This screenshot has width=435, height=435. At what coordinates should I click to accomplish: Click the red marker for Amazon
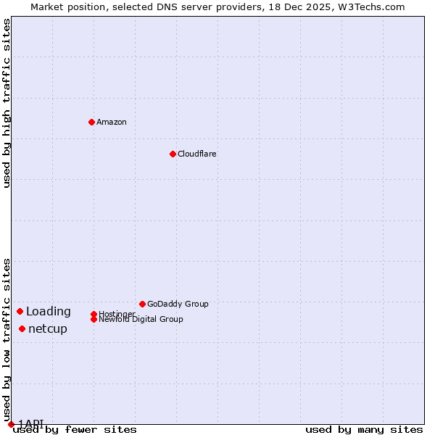(x=91, y=122)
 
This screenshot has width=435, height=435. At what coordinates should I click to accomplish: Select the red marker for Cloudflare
(x=173, y=154)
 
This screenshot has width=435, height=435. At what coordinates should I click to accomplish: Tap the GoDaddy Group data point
(x=142, y=304)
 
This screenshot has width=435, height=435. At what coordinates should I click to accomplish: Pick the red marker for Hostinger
(x=94, y=314)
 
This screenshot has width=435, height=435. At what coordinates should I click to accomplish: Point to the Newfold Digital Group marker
(x=94, y=319)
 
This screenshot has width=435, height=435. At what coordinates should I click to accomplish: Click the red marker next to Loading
(x=20, y=311)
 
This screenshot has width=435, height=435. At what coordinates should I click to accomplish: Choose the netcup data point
(x=22, y=328)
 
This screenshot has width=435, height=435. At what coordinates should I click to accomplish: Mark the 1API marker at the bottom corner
(x=11, y=424)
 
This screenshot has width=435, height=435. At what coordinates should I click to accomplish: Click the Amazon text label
(x=112, y=122)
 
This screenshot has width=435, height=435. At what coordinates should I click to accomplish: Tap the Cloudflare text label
(x=196, y=154)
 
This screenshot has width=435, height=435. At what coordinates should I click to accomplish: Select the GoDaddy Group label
(x=178, y=304)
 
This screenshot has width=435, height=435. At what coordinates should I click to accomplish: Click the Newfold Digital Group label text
(x=141, y=319)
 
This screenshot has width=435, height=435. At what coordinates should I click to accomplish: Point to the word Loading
(x=49, y=312)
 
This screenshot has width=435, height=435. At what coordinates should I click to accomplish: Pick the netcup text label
(x=48, y=329)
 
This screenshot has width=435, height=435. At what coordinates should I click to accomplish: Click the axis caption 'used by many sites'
(x=364, y=430)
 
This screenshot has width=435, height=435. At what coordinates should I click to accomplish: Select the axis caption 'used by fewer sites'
(x=75, y=430)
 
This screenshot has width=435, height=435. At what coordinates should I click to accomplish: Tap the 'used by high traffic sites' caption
(x=7, y=103)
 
